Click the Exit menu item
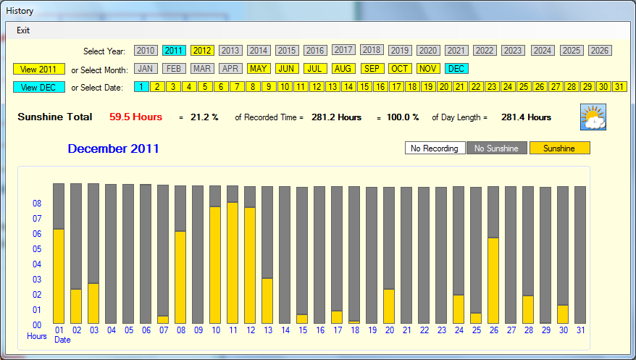[23, 30]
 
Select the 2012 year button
[202, 51]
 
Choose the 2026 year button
[599, 51]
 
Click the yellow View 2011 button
[38, 69]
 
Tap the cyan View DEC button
[38, 87]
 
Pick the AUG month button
[343, 69]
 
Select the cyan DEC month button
[456, 69]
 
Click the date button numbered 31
[619, 87]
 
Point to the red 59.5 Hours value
[135, 117]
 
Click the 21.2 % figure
[204, 117]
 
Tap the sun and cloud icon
[593, 117]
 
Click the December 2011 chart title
[114, 148]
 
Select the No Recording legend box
[435, 148]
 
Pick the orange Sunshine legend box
[559, 148]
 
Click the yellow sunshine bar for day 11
[233, 262]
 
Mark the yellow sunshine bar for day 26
[493, 280]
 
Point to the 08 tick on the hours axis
[37, 204]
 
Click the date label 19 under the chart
[372, 330]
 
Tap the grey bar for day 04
[111, 254]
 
